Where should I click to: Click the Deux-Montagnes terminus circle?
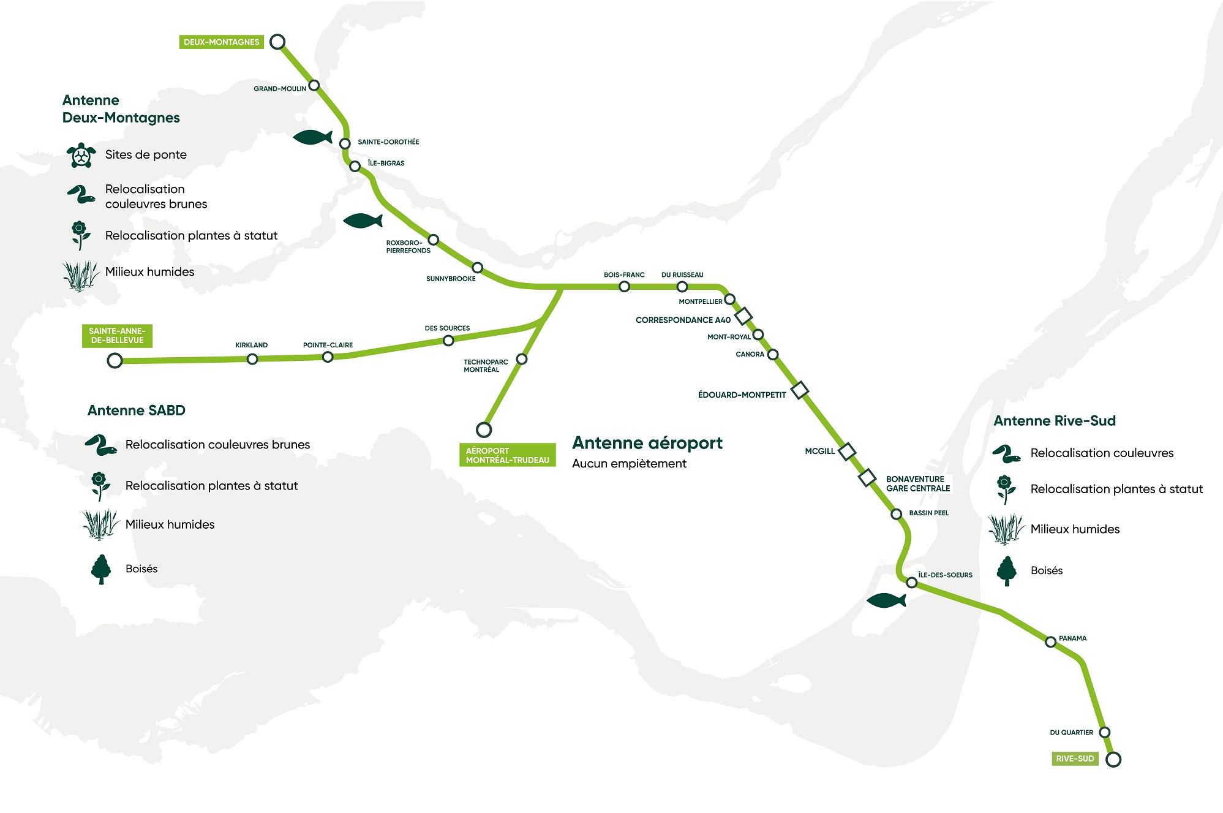click(x=277, y=42)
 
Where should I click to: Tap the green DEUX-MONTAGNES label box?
click(x=222, y=42)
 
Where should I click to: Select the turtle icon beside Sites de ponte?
click(x=81, y=156)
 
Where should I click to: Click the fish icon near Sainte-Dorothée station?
click(x=312, y=137)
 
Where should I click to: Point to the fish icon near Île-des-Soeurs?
click(x=886, y=600)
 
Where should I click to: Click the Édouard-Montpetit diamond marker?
click(x=800, y=390)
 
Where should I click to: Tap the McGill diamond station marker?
click(x=846, y=452)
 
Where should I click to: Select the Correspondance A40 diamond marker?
click(x=743, y=316)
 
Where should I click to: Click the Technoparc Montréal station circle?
click(x=522, y=359)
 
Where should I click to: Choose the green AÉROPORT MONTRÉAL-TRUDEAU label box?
click(x=507, y=455)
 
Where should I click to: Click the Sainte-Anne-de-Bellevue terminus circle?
click(x=115, y=360)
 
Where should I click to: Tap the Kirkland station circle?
click(x=252, y=359)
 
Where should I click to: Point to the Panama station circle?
click(x=1051, y=642)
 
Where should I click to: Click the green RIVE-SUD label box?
click(x=1075, y=758)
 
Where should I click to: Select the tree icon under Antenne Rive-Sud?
click(x=1006, y=571)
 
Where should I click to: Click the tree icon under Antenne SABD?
click(x=101, y=569)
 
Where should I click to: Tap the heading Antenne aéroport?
click(x=647, y=443)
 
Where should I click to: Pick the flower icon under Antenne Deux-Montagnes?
click(x=80, y=235)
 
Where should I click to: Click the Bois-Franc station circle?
click(x=624, y=287)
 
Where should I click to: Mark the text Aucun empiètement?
click(x=629, y=464)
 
